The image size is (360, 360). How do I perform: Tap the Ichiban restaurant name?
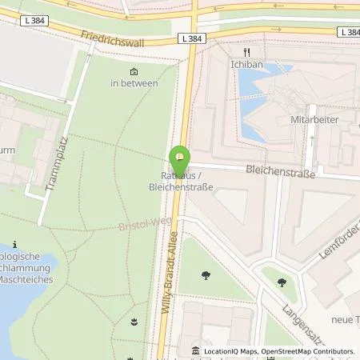(237, 62)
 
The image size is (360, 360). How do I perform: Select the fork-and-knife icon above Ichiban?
(237, 51)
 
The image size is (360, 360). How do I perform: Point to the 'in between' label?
(134, 82)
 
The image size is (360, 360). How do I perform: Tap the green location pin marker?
(181, 155)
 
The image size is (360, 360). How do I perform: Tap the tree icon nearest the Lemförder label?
(282, 281)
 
